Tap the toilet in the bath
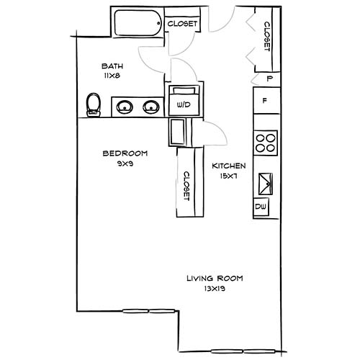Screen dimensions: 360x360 tap(92, 105)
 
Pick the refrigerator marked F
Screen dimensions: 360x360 tap(266, 102)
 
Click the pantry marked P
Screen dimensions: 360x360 tap(269, 78)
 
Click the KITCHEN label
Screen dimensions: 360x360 tap(229, 166)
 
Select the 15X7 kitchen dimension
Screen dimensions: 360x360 tap(229, 176)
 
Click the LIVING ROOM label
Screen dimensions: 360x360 tap(215, 278)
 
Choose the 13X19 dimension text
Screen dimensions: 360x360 tap(215, 288)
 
